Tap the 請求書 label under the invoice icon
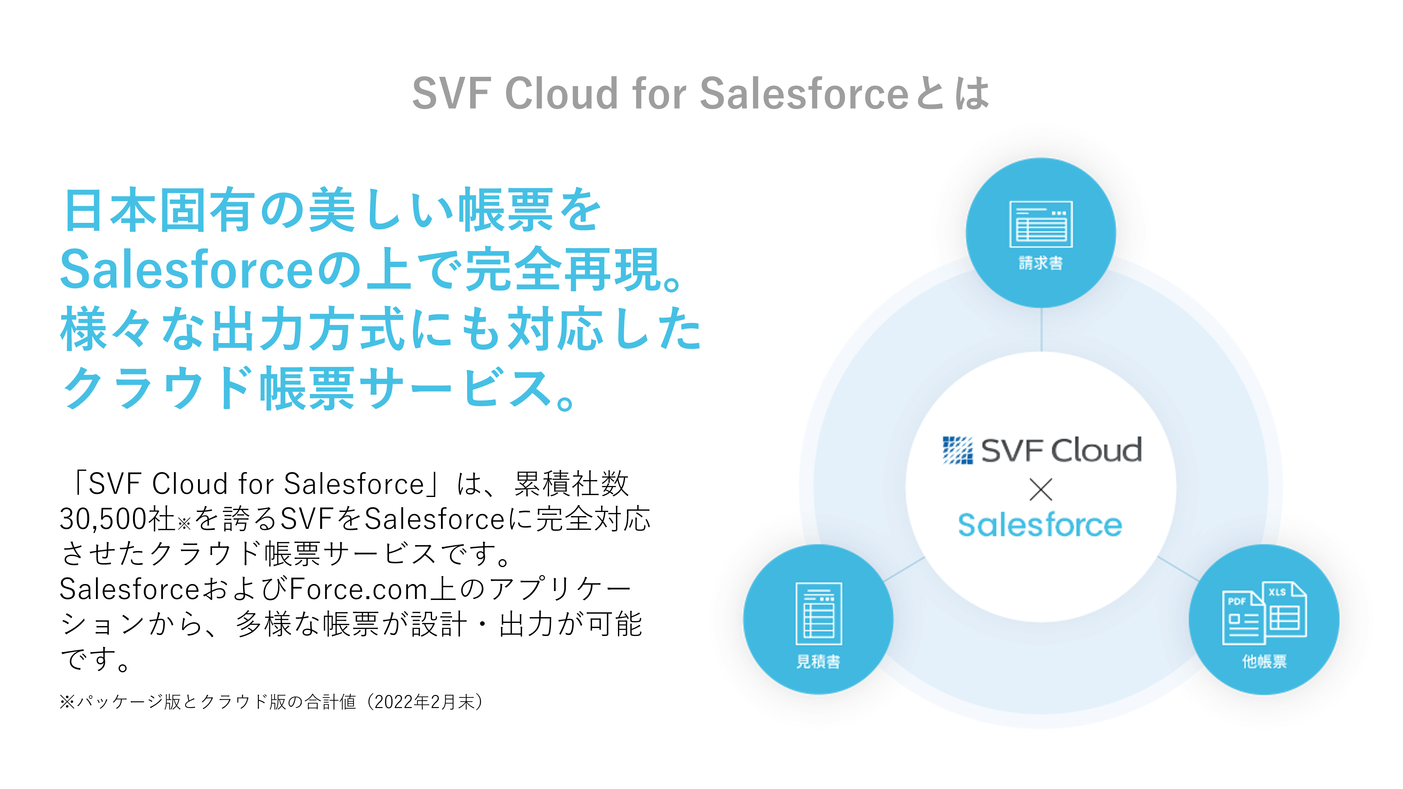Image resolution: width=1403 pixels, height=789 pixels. coord(1041,263)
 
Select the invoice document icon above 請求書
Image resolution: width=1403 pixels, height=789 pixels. coord(1041,224)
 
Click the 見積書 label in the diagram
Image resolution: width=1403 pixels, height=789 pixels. coord(818,661)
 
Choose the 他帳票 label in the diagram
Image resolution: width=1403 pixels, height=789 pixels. coord(1264,661)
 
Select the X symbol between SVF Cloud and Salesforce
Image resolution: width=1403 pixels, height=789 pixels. coord(1041,489)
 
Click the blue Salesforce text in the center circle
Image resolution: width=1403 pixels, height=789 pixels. coord(1040,525)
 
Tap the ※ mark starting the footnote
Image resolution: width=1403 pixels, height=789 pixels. coord(67,702)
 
